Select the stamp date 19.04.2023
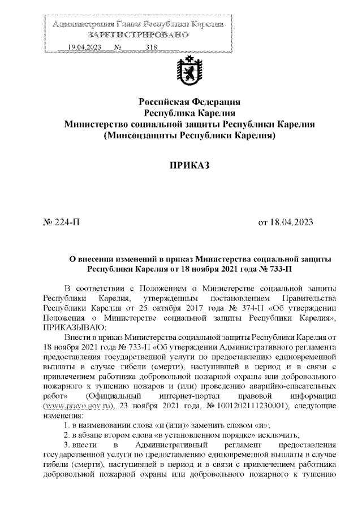click(x=84, y=47)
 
